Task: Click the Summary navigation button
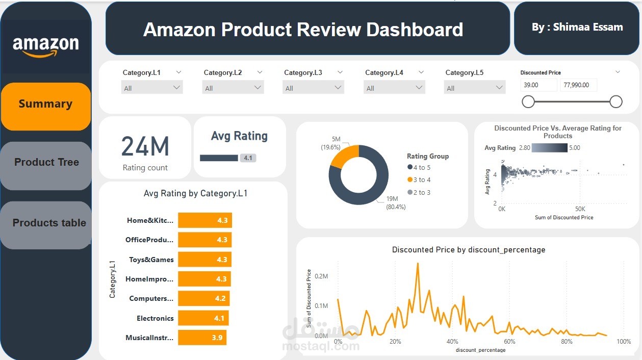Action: (46, 105)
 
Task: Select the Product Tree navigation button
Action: (46, 163)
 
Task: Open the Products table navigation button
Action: (49, 223)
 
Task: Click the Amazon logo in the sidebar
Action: (46, 46)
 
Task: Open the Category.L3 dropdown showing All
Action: (313, 88)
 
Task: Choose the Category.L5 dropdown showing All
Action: (474, 88)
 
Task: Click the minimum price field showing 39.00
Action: (538, 85)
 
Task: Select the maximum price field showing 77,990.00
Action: (578, 85)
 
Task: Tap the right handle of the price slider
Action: (616, 102)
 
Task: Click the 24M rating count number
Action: (145, 147)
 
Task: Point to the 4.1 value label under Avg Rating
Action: (248, 158)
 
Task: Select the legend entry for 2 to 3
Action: (421, 192)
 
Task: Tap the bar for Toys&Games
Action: (204, 260)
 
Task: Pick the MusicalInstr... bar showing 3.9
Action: (202, 338)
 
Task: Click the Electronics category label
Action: (155, 318)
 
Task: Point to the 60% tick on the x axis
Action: (509, 341)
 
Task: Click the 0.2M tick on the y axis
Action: (321, 276)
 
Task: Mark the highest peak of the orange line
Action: (418, 264)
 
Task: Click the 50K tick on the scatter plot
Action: (580, 209)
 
